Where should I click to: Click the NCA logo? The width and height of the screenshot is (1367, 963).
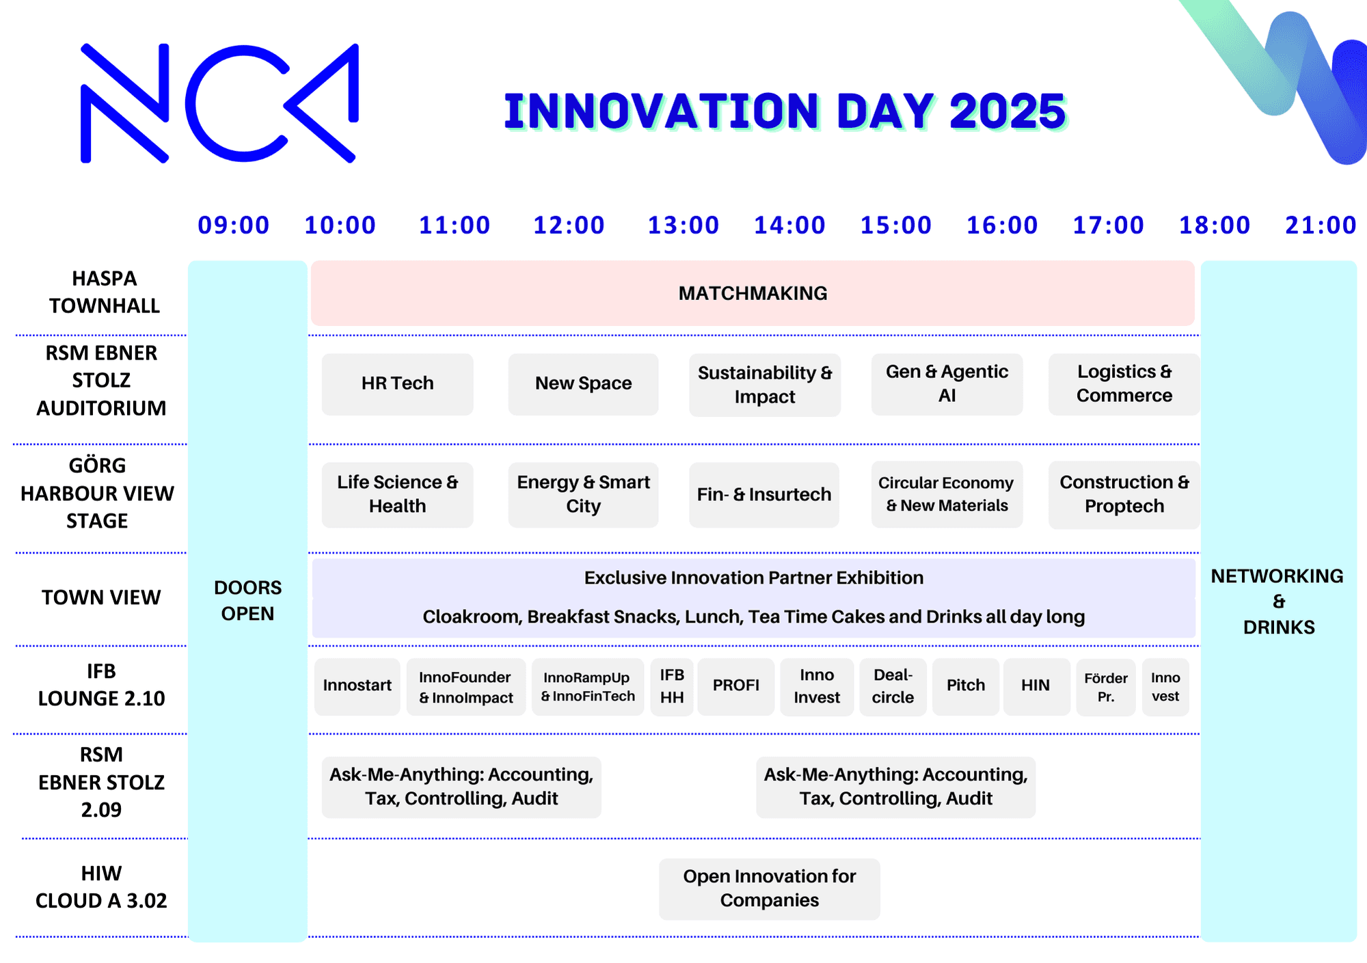click(x=219, y=103)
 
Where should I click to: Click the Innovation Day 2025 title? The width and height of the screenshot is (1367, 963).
click(x=785, y=111)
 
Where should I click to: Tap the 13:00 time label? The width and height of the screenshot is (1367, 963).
click(x=683, y=225)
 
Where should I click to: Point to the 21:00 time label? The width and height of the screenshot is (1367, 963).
click(x=1321, y=225)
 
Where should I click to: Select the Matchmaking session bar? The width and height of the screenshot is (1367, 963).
click(x=753, y=293)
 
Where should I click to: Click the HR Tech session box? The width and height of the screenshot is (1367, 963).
click(x=397, y=383)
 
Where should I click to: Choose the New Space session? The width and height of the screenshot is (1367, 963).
click(x=583, y=383)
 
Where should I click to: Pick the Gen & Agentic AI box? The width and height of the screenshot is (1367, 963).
click(x=947, y=383)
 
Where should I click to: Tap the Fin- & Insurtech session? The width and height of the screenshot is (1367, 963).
click(x=764, y=494)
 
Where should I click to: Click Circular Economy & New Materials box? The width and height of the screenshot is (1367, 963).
click(x=947, y=494)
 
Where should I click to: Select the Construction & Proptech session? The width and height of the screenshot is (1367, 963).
click(x=1124, y=494)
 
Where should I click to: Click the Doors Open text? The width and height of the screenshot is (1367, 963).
click(x=247, y=600)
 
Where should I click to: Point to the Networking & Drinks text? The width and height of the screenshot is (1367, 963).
click(x=1277, y=601)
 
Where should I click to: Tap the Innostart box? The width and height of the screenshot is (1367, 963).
click(x=357, y=686)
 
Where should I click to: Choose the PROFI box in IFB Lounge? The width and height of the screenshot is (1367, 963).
click(x=736, y=686)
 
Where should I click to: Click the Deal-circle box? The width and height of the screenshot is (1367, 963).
click(x=893, y=686)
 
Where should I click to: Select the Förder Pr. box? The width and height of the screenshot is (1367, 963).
click(x=1106, y=687)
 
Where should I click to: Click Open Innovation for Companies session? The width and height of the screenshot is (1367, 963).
click(x=770, y=889)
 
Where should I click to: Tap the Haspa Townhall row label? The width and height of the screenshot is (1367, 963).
click(x=105, y=292)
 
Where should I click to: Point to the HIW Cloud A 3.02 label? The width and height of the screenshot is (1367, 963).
click(x=101, y=887)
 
